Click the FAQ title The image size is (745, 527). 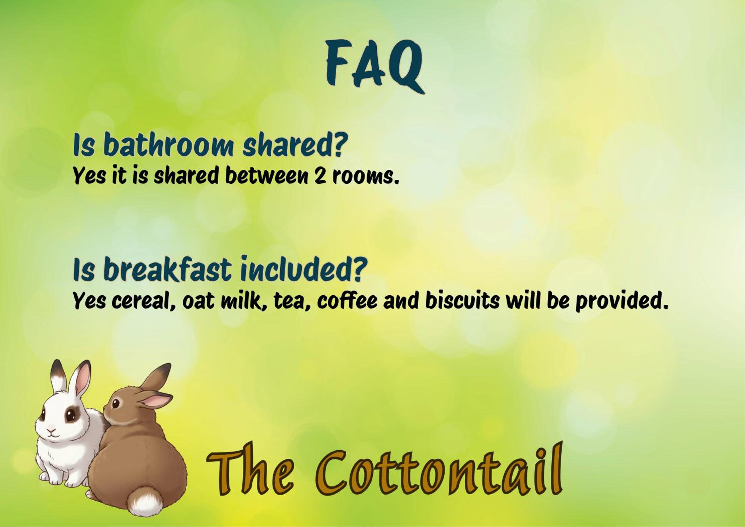[x=375, y=65]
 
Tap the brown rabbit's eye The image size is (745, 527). [x=116, y=403]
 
